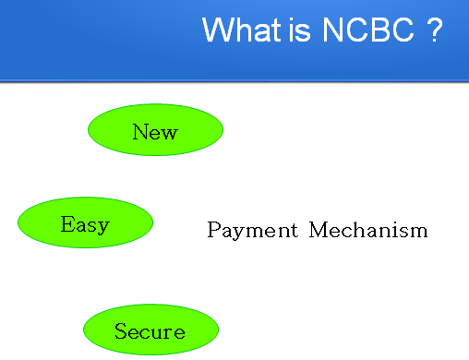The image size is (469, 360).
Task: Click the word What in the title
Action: (242, 30)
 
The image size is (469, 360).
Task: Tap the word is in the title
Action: (299, 30)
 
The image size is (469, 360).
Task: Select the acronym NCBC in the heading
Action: (368, 30)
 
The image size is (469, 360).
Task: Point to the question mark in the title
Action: (435, 30)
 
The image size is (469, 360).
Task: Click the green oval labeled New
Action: (155, 129)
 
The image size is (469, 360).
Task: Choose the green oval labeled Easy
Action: (85, 222)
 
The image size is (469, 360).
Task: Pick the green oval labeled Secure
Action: (150, 330)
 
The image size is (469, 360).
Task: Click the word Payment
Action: (253, 230)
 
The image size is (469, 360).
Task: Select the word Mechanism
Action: (368, 230)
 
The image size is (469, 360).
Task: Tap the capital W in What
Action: (217, 30)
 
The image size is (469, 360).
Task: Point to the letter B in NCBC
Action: (378, 30)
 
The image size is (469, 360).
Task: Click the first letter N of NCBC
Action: (331, 30)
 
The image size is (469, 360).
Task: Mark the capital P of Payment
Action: (214, 229)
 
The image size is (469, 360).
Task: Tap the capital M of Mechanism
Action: (319, 230)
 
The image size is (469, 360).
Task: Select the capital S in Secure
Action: (121, 330)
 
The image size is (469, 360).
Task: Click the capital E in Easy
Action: (67, 223)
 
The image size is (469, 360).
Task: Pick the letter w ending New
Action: (168, 134)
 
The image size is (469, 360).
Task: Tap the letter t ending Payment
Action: (294, 230)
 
